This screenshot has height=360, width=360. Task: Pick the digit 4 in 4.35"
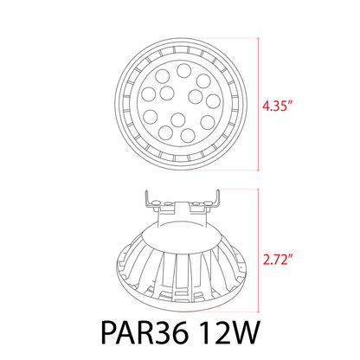coord(266,108)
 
